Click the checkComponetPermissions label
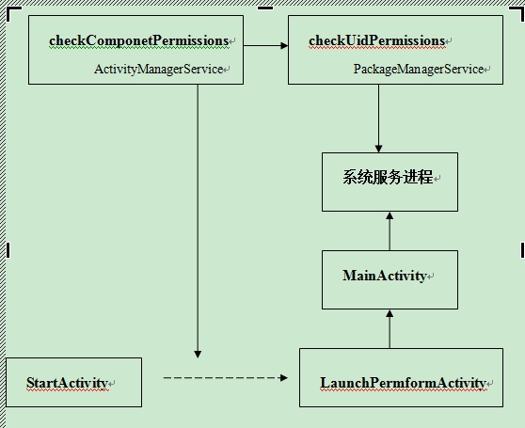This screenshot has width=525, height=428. click(139, 40)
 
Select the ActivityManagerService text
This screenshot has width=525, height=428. click(159, 70)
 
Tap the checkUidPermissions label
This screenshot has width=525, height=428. click(376, 40)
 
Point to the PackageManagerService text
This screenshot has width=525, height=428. click(419, 70)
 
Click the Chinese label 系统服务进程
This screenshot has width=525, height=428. click(388, 177)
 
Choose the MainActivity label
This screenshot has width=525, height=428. click(385, 276)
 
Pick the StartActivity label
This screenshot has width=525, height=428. click(67, 383)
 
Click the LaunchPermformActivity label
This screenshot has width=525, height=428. click(403, 383)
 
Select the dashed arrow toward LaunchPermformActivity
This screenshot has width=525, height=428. click(225, 378)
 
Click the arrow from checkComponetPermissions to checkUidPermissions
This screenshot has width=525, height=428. click(266, 45)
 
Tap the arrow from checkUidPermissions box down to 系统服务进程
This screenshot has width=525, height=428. click(378, 119)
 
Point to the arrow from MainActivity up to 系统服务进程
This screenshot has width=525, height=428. click(390, 230)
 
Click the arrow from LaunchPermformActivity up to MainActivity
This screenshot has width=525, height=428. click(390, 329)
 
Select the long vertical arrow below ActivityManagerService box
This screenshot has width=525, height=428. click(198, 221)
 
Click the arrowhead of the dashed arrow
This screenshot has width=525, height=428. click(284, 378)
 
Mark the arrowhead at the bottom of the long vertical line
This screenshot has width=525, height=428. click(198, 355)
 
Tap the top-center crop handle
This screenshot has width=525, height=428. click(265, 8)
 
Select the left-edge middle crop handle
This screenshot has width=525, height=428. click(8, 250)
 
